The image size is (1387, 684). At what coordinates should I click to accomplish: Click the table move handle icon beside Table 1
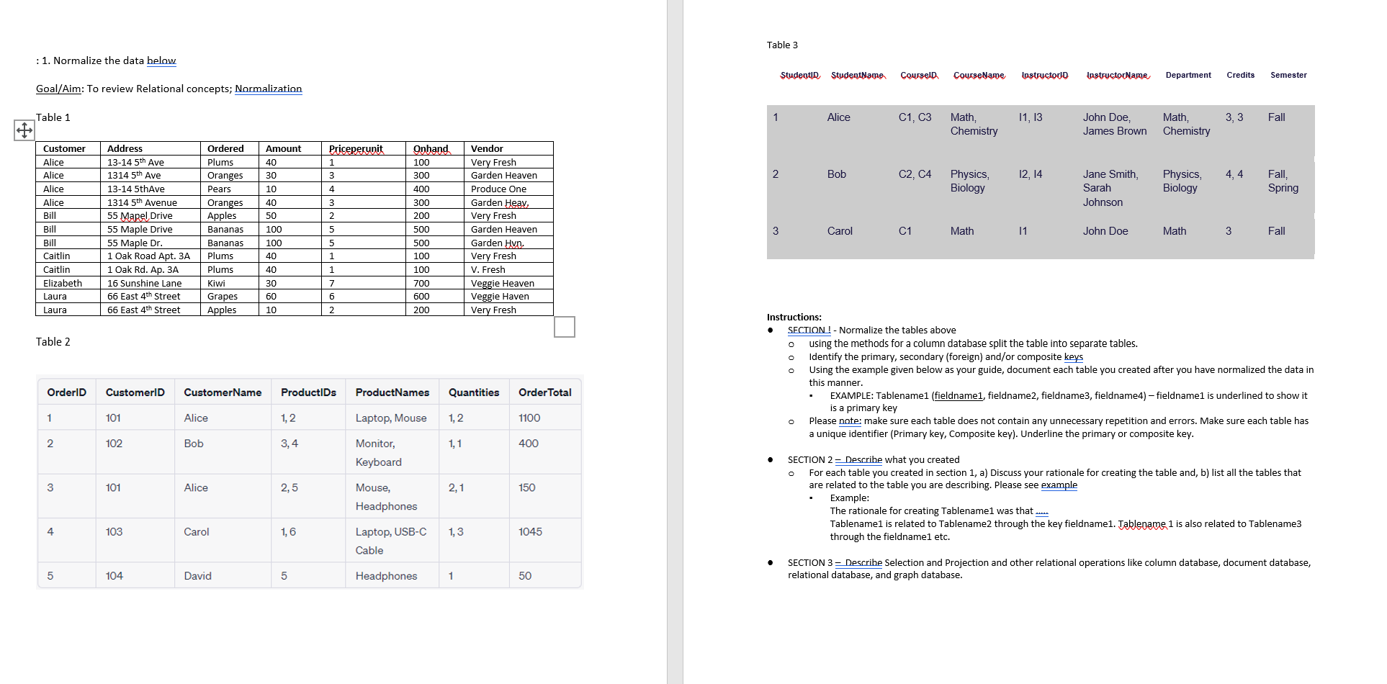(24, 130)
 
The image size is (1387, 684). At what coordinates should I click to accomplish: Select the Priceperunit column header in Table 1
(356, 149)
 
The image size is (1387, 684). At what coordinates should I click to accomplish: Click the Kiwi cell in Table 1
(216, 284)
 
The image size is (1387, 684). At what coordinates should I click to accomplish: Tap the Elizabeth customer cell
(63, 284)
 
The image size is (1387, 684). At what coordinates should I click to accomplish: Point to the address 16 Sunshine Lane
(144, 284)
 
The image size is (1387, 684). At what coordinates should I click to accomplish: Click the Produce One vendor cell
(498, 189)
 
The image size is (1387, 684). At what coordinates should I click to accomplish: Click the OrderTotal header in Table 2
(544, 392)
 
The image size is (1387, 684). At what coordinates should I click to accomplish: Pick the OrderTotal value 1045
(530, 532)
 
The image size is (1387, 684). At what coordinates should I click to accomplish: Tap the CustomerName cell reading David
(197, 576)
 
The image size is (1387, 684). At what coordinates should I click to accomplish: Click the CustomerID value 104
(114, 576)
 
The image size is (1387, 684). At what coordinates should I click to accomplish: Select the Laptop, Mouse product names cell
(390, 418)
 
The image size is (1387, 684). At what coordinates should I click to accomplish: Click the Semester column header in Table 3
(1288, 75)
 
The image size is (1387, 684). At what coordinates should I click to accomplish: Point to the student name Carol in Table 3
(840, 231)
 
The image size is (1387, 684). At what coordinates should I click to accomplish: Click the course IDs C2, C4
(915, 174)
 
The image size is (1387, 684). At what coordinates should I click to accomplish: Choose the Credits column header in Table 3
(1240, 75)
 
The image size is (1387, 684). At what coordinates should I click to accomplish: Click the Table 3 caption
(782, 45)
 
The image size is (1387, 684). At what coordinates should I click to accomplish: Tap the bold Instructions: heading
(794, 318)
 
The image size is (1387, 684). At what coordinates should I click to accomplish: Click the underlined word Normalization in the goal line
(268, 89)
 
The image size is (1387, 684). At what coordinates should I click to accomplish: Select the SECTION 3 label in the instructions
(809, 563)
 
